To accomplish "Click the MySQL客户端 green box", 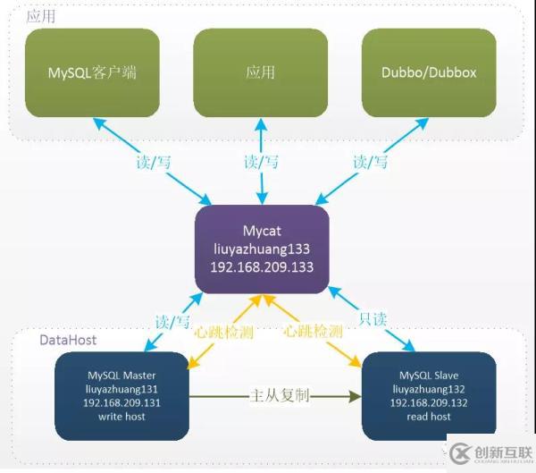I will coord(92,73).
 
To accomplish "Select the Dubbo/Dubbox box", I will coord(429,73).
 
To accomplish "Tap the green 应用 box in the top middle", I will coord(261,73).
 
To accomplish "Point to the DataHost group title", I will coord(68,340).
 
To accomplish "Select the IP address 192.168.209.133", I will coord(262,268).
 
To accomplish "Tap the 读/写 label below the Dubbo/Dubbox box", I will coord(372,162).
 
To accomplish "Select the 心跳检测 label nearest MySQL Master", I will coord(224,332).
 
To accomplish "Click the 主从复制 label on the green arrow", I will coord(279,395).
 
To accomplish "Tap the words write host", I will coord(121,417).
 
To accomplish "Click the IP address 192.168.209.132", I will coord(429,402).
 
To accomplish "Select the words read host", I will coord(429,417).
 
